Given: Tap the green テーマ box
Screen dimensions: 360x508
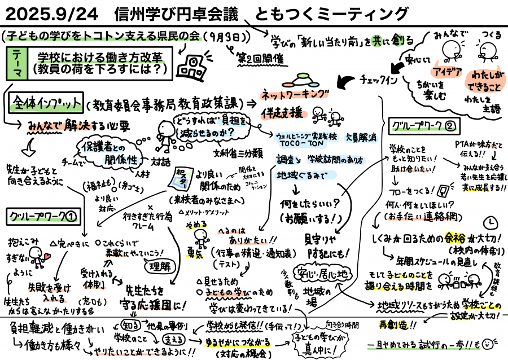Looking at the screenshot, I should [17, 63].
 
